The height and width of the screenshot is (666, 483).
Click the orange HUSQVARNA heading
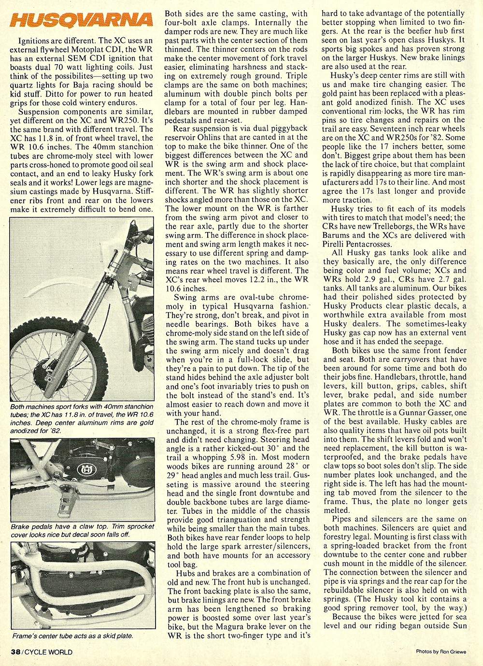pos(82,21)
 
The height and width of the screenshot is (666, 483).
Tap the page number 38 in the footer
pos(15,652)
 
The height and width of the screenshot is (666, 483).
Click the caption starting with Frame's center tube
pos(72,636)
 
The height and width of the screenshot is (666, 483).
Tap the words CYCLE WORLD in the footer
pos(48,652)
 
